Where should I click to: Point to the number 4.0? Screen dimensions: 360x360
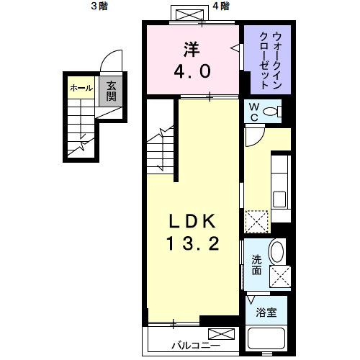coord(190,72)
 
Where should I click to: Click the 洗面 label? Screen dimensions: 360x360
coord(256,264)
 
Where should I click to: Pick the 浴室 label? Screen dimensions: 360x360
coord(266,312)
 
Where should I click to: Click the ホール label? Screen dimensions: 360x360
coord(81,88)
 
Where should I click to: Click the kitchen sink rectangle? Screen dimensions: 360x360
coord(281,197)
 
